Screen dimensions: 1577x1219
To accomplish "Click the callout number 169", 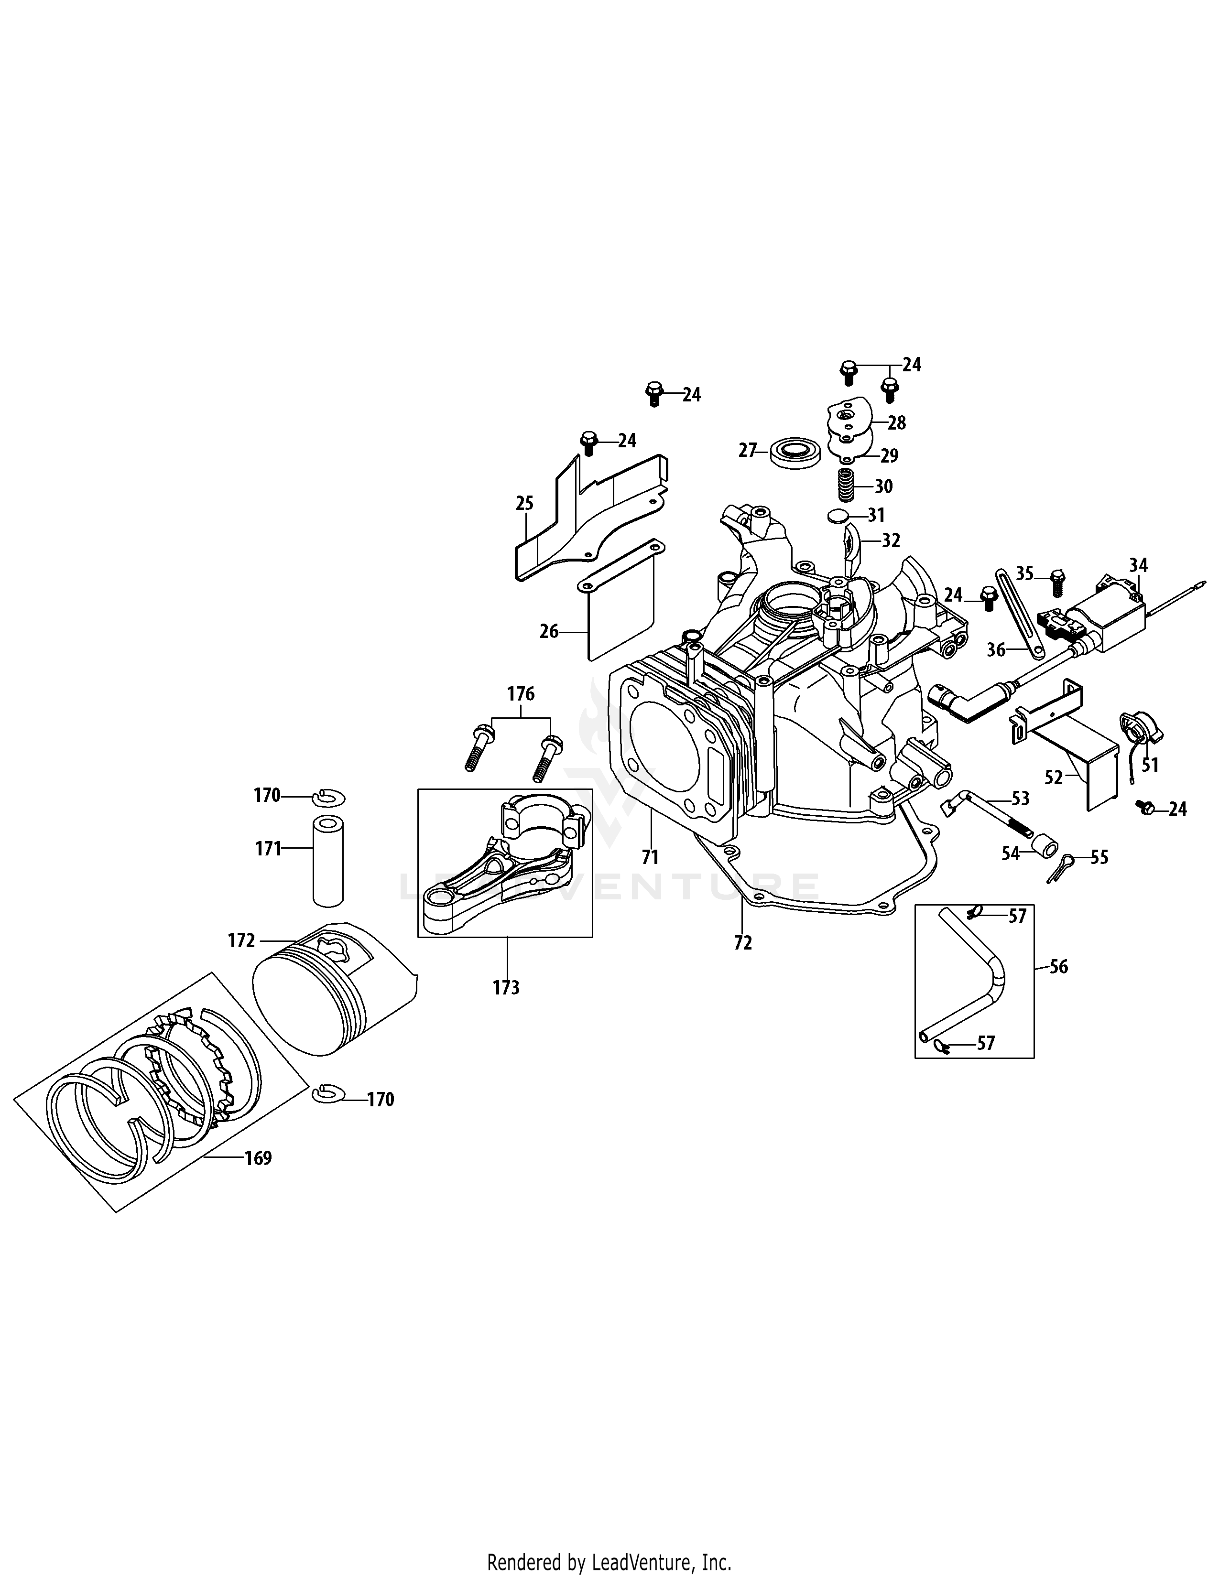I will (258, 1158).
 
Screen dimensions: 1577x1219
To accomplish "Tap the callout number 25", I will (524, 503).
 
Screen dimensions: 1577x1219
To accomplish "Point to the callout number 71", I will (650, 857).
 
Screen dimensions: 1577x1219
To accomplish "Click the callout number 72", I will (742, 942).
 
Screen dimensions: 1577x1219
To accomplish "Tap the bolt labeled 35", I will (1057, 581).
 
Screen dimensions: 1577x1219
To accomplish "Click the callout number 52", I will (1054, 777).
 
